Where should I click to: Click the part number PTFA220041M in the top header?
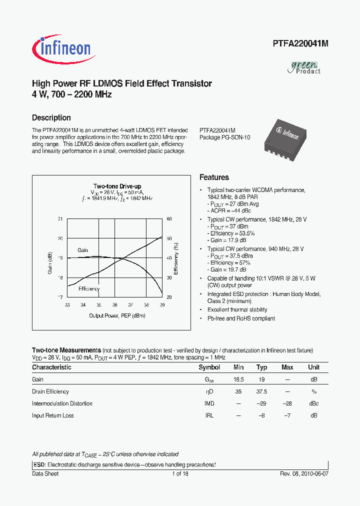pyautogui.click(x=300, y=43)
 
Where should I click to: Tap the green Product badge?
pyautogui.click(x=304, y=67)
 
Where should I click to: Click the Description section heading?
pyautogui.click(x=51, y=118)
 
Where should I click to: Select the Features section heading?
pyautogui.click(x=214, y=177)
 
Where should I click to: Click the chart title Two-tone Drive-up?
pyautogui.click(x=117, y=186)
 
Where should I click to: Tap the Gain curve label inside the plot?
pyautogui.click(x=82, y=250)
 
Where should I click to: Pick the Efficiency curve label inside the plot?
pyautogui.click(x=88, y=288)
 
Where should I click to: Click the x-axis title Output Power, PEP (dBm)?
pyautogui.click(x=117, y=315)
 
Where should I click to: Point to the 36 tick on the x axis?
pyautogui.click(x=114, y=304)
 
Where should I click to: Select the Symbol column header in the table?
pyautogui.click(x=209, y=367)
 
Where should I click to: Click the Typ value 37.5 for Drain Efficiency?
pyautogui.click(x=261, y=391)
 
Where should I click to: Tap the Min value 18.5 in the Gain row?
pyautogui.click(x=238, y=379)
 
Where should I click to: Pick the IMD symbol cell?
pyautogui.click(x=209, y=403)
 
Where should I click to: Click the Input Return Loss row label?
pyautogui.click(x=52, y=415)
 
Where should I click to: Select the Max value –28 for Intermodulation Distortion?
pyautogui.click(x=287, y=403)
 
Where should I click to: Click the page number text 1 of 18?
pyautogui.click(x=180, y=473)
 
